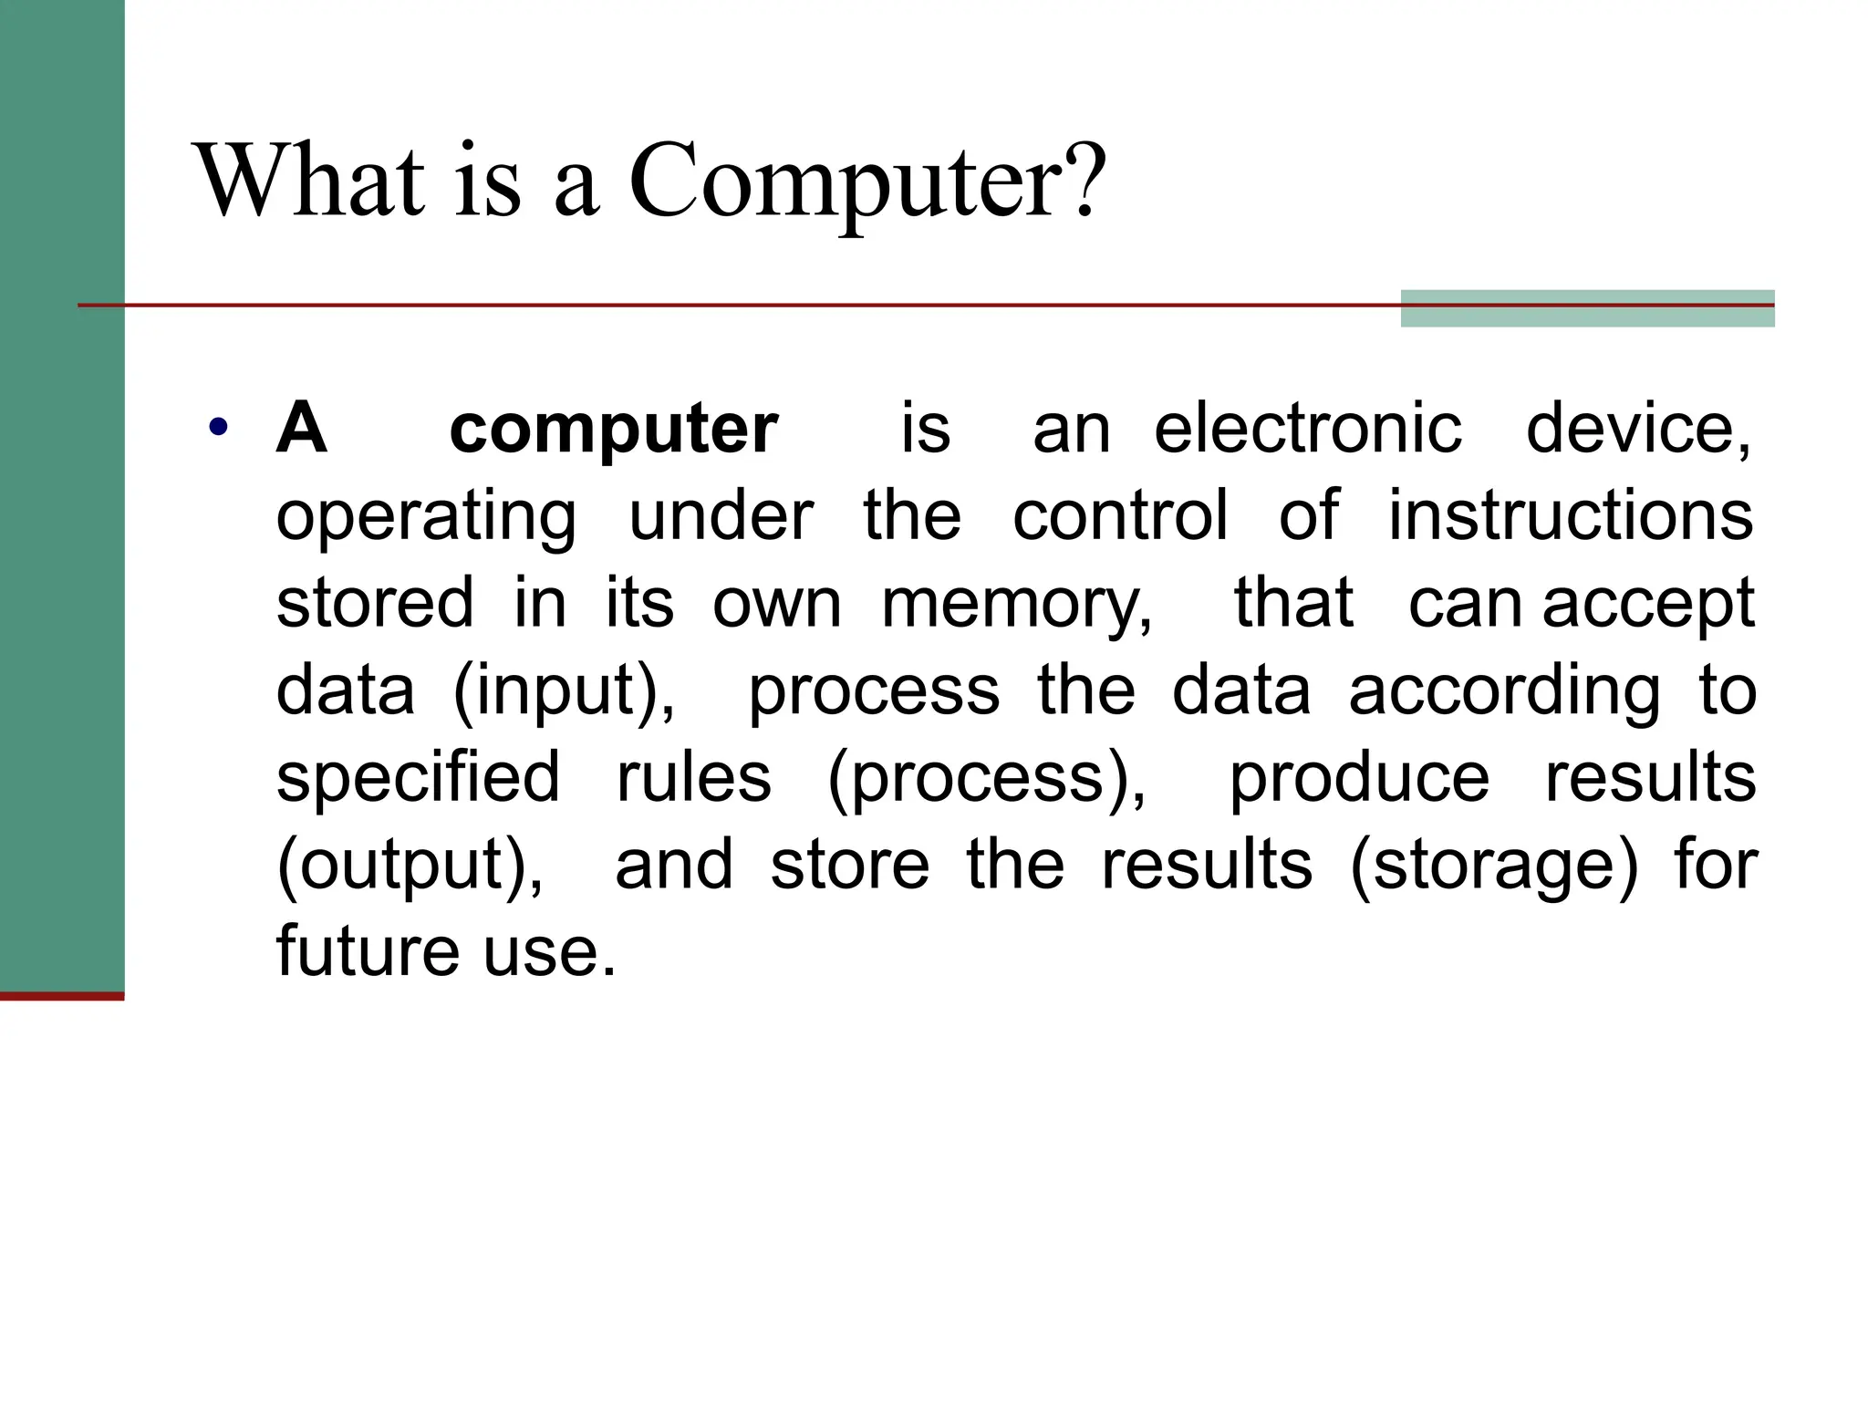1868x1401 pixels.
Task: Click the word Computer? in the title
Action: coord(867,182)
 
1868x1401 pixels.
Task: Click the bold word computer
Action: coord(613,431)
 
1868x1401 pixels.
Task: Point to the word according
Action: coord(1504,691)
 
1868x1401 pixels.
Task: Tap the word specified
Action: coord(418,777)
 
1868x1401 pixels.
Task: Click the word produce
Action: coord(1359,779)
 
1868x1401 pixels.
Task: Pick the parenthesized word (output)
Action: coord(410,865)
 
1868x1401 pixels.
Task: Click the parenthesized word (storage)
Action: coord(1493,865)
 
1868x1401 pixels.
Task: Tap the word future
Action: coord(368,950)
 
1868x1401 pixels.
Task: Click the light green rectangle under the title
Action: coord(1587,308)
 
